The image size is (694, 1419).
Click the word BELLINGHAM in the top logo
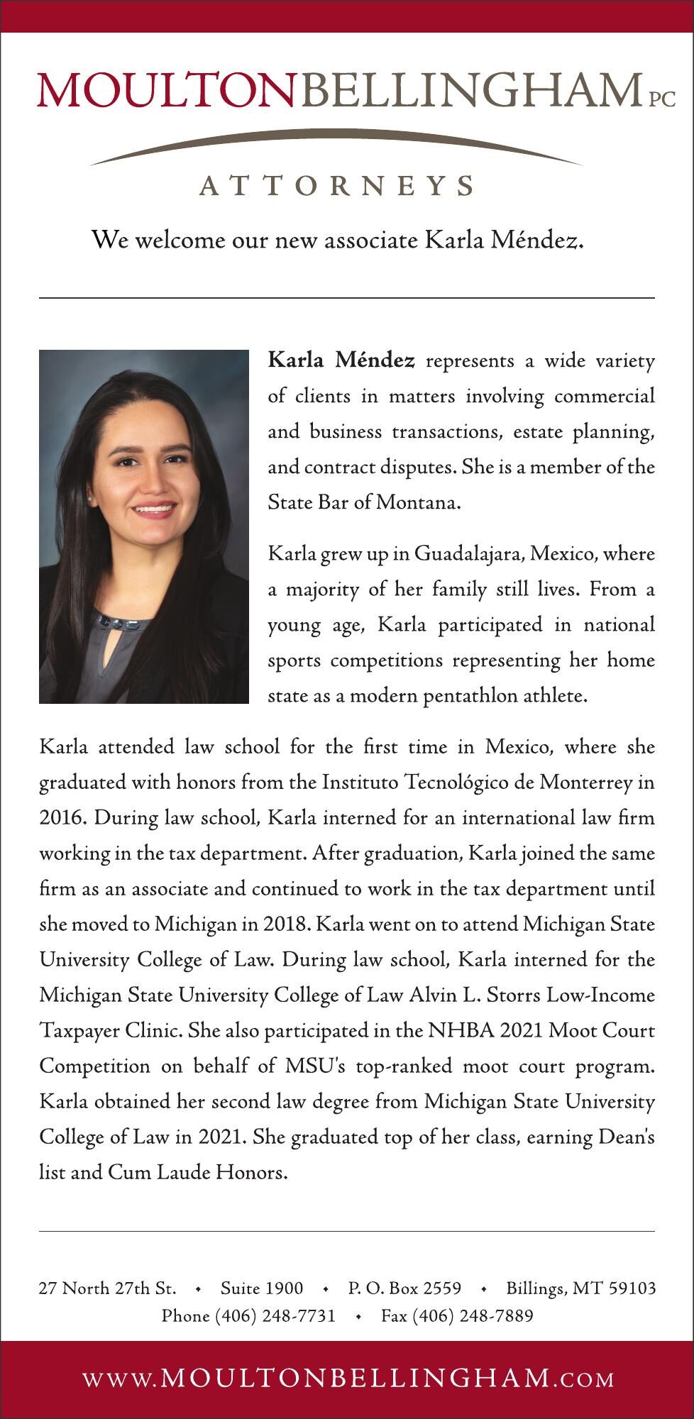tap(467, 90)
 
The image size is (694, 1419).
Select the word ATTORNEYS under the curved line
tap(336, 185)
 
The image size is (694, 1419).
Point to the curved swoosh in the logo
tap(336, 142)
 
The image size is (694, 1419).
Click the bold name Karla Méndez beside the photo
tap(341, 361)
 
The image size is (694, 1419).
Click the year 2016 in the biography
tap(60, 817)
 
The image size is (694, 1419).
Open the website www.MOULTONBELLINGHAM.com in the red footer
tap(348, 1379)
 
